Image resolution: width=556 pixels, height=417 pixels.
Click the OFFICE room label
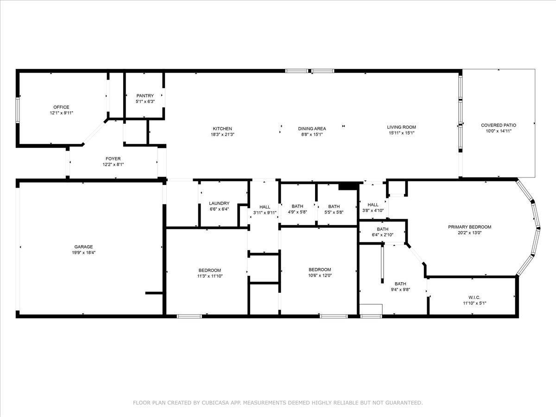(x=61, y=107)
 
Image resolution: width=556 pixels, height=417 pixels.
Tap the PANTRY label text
(x=145, y=96)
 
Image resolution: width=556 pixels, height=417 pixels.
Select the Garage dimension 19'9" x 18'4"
(x=84, y=253)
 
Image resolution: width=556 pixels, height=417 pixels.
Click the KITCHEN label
(x=222, y=128)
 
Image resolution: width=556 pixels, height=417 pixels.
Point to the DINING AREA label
(x=311, y=128)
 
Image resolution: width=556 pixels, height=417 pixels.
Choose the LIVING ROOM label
(x=401, y=127)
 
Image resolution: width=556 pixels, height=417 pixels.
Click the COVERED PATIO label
(x=498, y=125)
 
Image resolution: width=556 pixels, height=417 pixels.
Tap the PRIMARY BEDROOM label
(x=469, y=227)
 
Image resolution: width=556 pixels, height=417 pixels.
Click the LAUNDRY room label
(x=219, y=203)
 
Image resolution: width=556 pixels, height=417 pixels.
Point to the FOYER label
(x=113, y=159)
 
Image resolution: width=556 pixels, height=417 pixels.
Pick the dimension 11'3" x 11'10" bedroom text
(x=210, y=276)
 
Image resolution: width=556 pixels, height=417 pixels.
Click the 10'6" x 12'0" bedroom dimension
(x=320, y=276)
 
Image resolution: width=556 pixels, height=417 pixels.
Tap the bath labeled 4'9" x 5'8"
(x=297, y=213)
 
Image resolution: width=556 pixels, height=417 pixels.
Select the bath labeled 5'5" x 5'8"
(x=334, y=213)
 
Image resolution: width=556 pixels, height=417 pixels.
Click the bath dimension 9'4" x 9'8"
(x=400, y=290)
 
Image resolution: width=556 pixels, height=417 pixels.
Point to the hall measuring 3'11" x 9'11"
(x=265, y=213)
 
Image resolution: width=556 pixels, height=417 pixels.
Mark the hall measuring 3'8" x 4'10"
(x=373, y=210)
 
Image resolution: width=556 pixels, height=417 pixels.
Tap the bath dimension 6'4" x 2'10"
(x=382, y=235)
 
